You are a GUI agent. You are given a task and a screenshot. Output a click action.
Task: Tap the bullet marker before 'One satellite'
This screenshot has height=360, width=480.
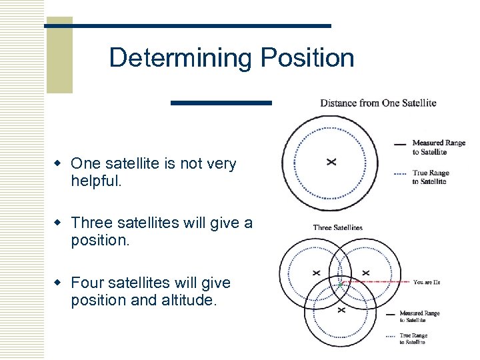pyautogui.click(x=59, y=163)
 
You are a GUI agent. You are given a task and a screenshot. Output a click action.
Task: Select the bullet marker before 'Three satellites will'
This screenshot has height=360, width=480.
pyautogui.click(x=59, y=222)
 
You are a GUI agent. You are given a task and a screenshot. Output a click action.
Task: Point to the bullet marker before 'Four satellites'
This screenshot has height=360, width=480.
pyautogui.click(x=59, y=283)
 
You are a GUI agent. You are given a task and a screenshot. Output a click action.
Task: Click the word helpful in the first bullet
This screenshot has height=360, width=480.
pyautogui.click(x=95, y=181)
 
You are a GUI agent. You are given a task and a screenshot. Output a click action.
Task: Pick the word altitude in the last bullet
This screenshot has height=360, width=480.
pyautogui.click(x=189, y=300)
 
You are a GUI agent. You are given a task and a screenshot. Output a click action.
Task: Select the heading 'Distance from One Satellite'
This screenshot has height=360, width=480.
pyautogui.click(x=378, y=103)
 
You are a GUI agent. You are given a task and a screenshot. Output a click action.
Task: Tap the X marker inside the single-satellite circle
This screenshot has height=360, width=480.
pyautogui.click(x=331, y=161)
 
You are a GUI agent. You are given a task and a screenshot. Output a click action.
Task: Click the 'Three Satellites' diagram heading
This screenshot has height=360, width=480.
pyautogui.click(x=337, y=227)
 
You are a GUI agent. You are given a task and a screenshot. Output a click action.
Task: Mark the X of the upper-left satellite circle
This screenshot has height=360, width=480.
pyautogui.click(x=316, y=273)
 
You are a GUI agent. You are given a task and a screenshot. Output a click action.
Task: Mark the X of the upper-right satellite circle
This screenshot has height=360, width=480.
pyautogui.click(x=365, y=273)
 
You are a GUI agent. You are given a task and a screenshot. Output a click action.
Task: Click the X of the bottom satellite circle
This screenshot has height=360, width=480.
pyautogui.click(x=341, y=310)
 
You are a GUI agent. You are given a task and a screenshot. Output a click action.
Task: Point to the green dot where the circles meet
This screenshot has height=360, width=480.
pyautogui.click(x=340, y=285)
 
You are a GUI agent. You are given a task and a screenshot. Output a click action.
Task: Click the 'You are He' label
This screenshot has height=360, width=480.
pyautogui.click(x=427, y=283)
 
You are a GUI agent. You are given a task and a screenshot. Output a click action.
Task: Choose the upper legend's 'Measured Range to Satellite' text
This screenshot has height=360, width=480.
pyautogui.click(x=438, y=147)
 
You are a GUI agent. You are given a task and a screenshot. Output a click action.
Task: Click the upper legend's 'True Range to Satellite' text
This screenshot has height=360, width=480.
pyautogui.click(x=430, y=177)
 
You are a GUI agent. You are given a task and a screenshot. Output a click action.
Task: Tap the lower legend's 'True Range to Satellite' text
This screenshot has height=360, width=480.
pyautogui.click(x=412, y=339)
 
